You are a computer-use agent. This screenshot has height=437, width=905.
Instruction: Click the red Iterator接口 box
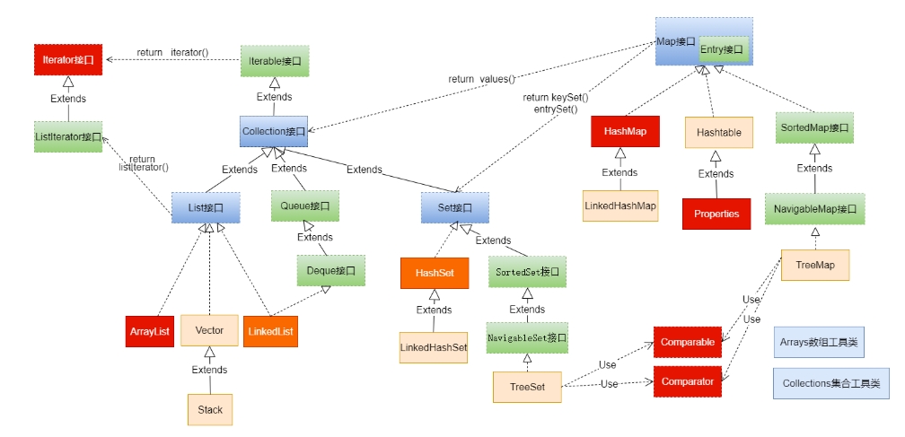point(68,61)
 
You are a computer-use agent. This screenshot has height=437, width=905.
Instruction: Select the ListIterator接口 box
point(68,136)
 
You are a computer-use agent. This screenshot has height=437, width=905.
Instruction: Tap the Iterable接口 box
point(275,62)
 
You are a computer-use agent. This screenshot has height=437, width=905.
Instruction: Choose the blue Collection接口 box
point(275,131)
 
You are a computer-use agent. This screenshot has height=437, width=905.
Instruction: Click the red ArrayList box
point(149,331)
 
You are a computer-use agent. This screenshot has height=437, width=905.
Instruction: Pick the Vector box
point(209,330)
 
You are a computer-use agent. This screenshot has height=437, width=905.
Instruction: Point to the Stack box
point(209,409)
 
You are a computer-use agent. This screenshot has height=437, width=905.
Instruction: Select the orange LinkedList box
point(270,331)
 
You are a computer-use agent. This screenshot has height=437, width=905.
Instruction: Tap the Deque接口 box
point(331,269)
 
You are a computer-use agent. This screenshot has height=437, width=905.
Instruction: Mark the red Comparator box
point(687,381)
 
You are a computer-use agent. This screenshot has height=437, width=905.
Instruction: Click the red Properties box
point(716,214)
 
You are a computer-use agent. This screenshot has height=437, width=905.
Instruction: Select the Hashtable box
point(719,132)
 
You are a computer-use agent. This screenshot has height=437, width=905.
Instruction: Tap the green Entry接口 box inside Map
point(725,50)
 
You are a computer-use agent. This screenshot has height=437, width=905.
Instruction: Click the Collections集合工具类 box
point(830,383)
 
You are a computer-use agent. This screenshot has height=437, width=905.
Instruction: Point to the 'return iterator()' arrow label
point(172,53)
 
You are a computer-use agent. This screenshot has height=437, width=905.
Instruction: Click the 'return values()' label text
point(482,79)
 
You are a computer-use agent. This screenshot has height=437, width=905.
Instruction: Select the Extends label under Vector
point(210,370)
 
